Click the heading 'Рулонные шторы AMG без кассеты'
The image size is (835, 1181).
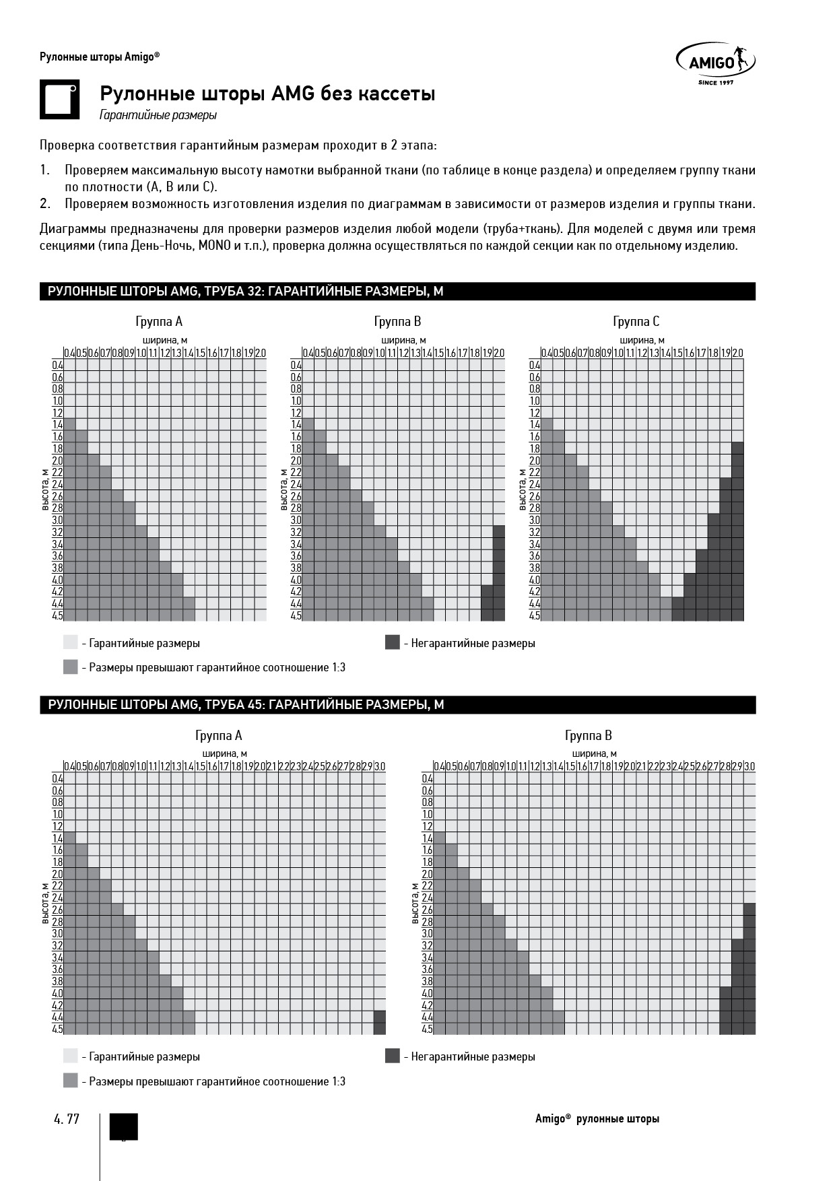tap(267, 94)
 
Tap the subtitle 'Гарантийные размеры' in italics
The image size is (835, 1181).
tap(158, 115)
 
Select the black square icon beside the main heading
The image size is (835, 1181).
tap(59, 100)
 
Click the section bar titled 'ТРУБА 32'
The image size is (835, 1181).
tap(397, 292)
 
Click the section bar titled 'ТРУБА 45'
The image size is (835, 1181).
tap(397, 705)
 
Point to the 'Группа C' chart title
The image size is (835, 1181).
tap(636, 321)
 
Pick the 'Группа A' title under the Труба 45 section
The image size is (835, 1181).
tap(218, 735)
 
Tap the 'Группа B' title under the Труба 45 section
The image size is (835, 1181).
tap(588, 735)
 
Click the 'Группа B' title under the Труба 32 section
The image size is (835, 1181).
tap(397, 321)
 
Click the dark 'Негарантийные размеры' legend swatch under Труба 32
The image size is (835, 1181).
tap(393, 642)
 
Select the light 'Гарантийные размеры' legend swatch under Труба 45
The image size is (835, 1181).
tap(71, 1056)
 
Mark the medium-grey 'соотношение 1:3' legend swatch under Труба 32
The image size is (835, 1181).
tap(71, 667)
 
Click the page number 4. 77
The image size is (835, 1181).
tap(67, 1119)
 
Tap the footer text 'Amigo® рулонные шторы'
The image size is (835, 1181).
tap(597, 1119)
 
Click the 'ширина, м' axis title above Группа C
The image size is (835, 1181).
tap(642, 341)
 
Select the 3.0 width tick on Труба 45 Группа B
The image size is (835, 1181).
tap(749, 766)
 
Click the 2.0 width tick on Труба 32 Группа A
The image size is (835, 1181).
tap(261, 353)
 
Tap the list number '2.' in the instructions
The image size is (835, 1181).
tap(45, 204)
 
